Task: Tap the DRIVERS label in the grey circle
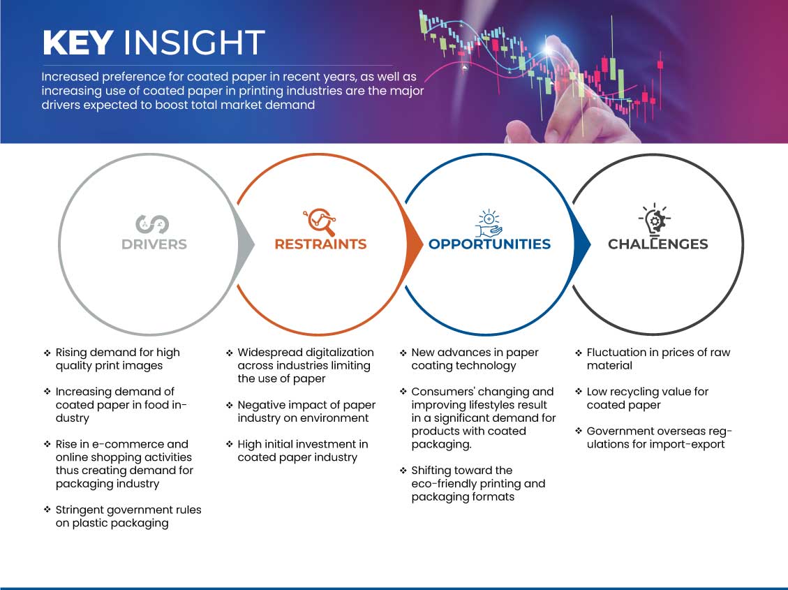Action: [154, 244]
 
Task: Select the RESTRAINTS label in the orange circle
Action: [320, 244]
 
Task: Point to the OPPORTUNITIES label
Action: [489, 244]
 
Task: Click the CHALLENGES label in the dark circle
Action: [658, 244]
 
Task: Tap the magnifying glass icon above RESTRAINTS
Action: [320, 221]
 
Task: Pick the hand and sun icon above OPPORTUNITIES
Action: [489, 223]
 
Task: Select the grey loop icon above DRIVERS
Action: [152, 224]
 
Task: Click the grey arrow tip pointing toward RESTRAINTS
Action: [254, 245]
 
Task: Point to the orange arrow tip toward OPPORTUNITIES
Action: [423, 245]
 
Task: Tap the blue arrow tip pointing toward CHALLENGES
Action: [590, 245]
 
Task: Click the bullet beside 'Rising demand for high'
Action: [47, 353]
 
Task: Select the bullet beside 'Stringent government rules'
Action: [47, 510]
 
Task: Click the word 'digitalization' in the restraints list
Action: [340, 353]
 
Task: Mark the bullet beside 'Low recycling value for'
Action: [579, 392]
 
